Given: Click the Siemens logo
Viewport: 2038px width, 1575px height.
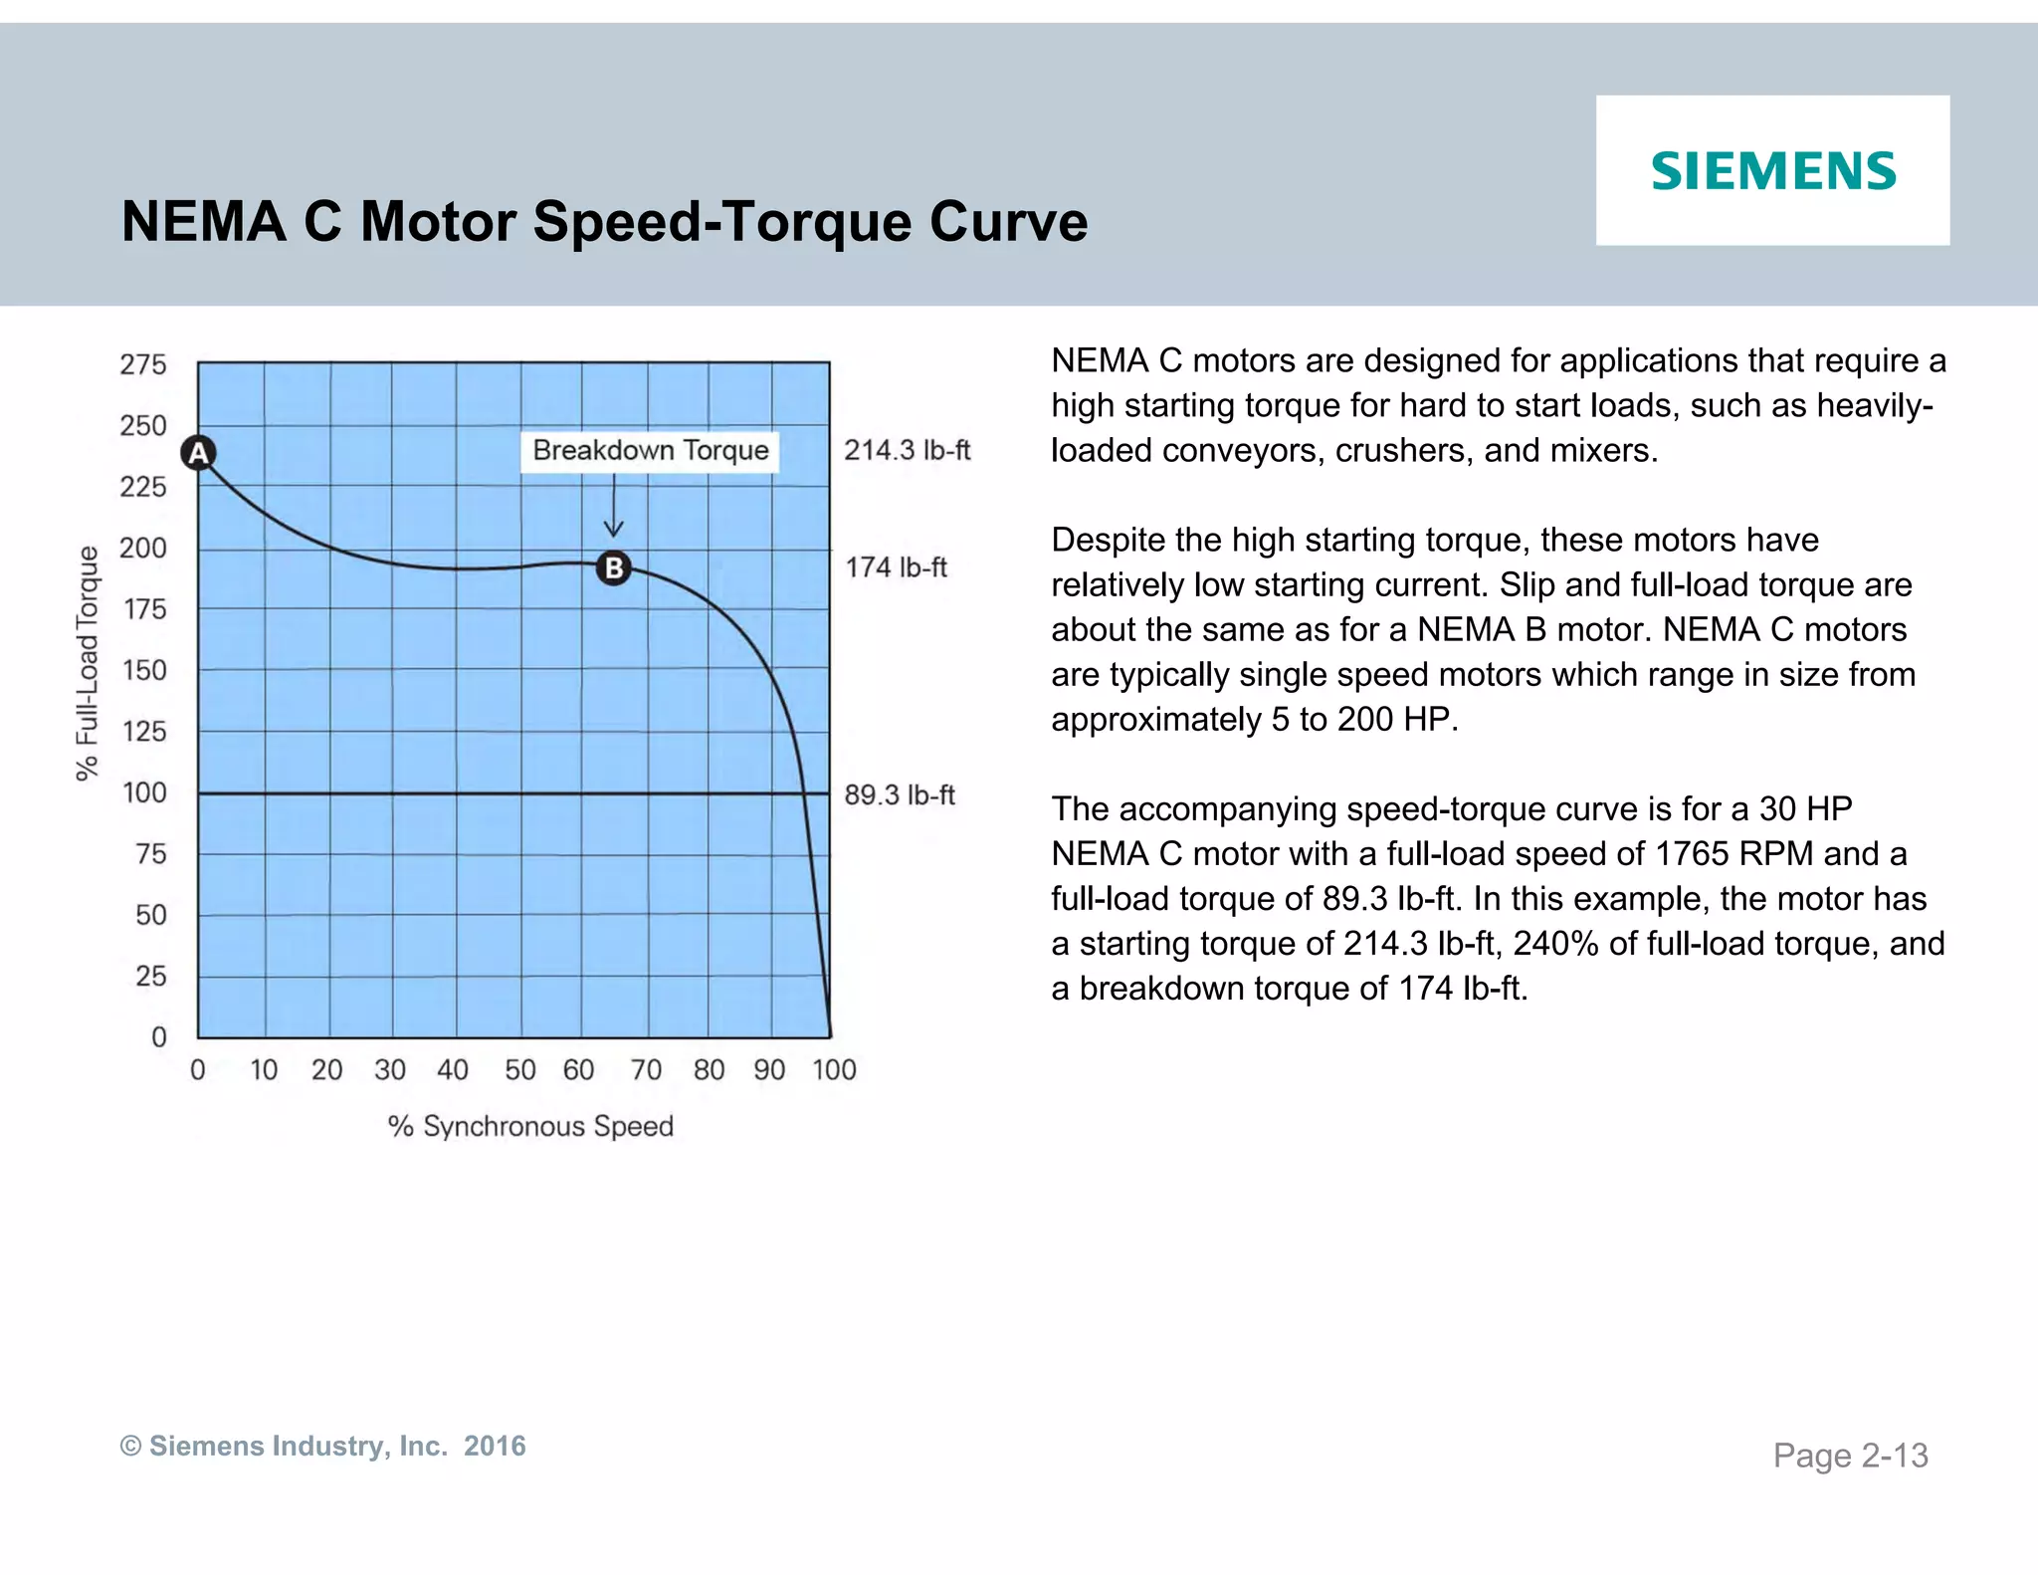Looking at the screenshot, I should [x=1773, y=171].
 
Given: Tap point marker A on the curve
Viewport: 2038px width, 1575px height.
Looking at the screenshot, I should [x=199, y=453].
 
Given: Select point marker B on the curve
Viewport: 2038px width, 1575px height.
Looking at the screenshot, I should [x=614, y=567].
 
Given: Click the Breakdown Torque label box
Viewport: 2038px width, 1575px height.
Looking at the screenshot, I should [x=650, y=451].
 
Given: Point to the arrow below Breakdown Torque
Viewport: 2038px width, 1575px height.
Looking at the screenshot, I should [x=614, y=508].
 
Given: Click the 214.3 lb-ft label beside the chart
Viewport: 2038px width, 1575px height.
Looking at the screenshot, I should [x=907, y=451].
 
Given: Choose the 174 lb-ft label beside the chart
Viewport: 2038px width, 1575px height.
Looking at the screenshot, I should [x=896, y=567].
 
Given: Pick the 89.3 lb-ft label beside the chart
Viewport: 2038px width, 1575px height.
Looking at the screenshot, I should [x=900, y=794].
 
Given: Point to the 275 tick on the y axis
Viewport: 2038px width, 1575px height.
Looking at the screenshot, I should [x=143, y=364].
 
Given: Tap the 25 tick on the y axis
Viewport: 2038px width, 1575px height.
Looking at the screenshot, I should [x=150, y=976].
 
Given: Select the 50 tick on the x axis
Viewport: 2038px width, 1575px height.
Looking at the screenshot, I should [x=519, y=1070].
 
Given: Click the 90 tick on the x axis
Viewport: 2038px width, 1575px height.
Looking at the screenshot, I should [x=769, y=1070].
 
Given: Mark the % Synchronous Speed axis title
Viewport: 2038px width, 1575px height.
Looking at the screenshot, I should [x=530, y=1126].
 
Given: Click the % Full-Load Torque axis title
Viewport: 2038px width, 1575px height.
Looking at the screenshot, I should [x=89, y=663].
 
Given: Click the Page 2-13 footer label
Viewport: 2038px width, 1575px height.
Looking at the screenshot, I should [x=1850, y=1456].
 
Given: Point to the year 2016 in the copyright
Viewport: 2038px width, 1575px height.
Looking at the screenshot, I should [x=495, y=1446].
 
